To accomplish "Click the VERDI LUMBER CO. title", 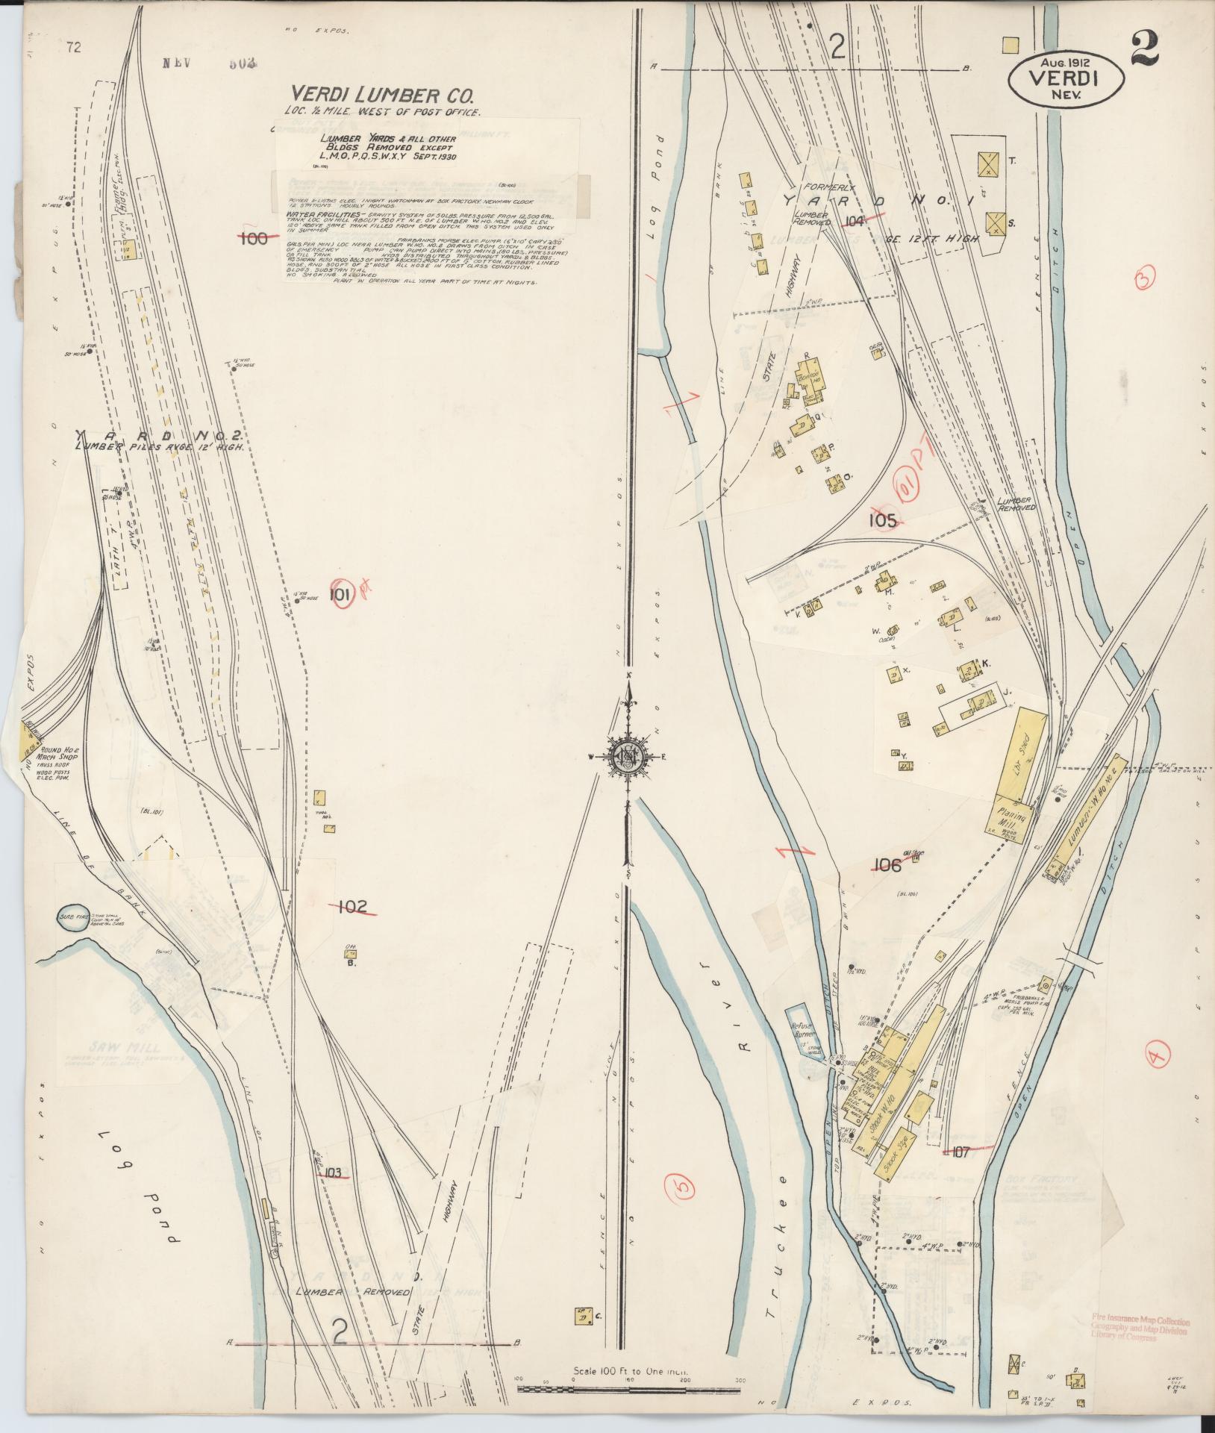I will pos(381,95).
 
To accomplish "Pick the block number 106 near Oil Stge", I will pos(886,865).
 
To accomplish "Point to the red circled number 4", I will pos(1156,1055).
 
